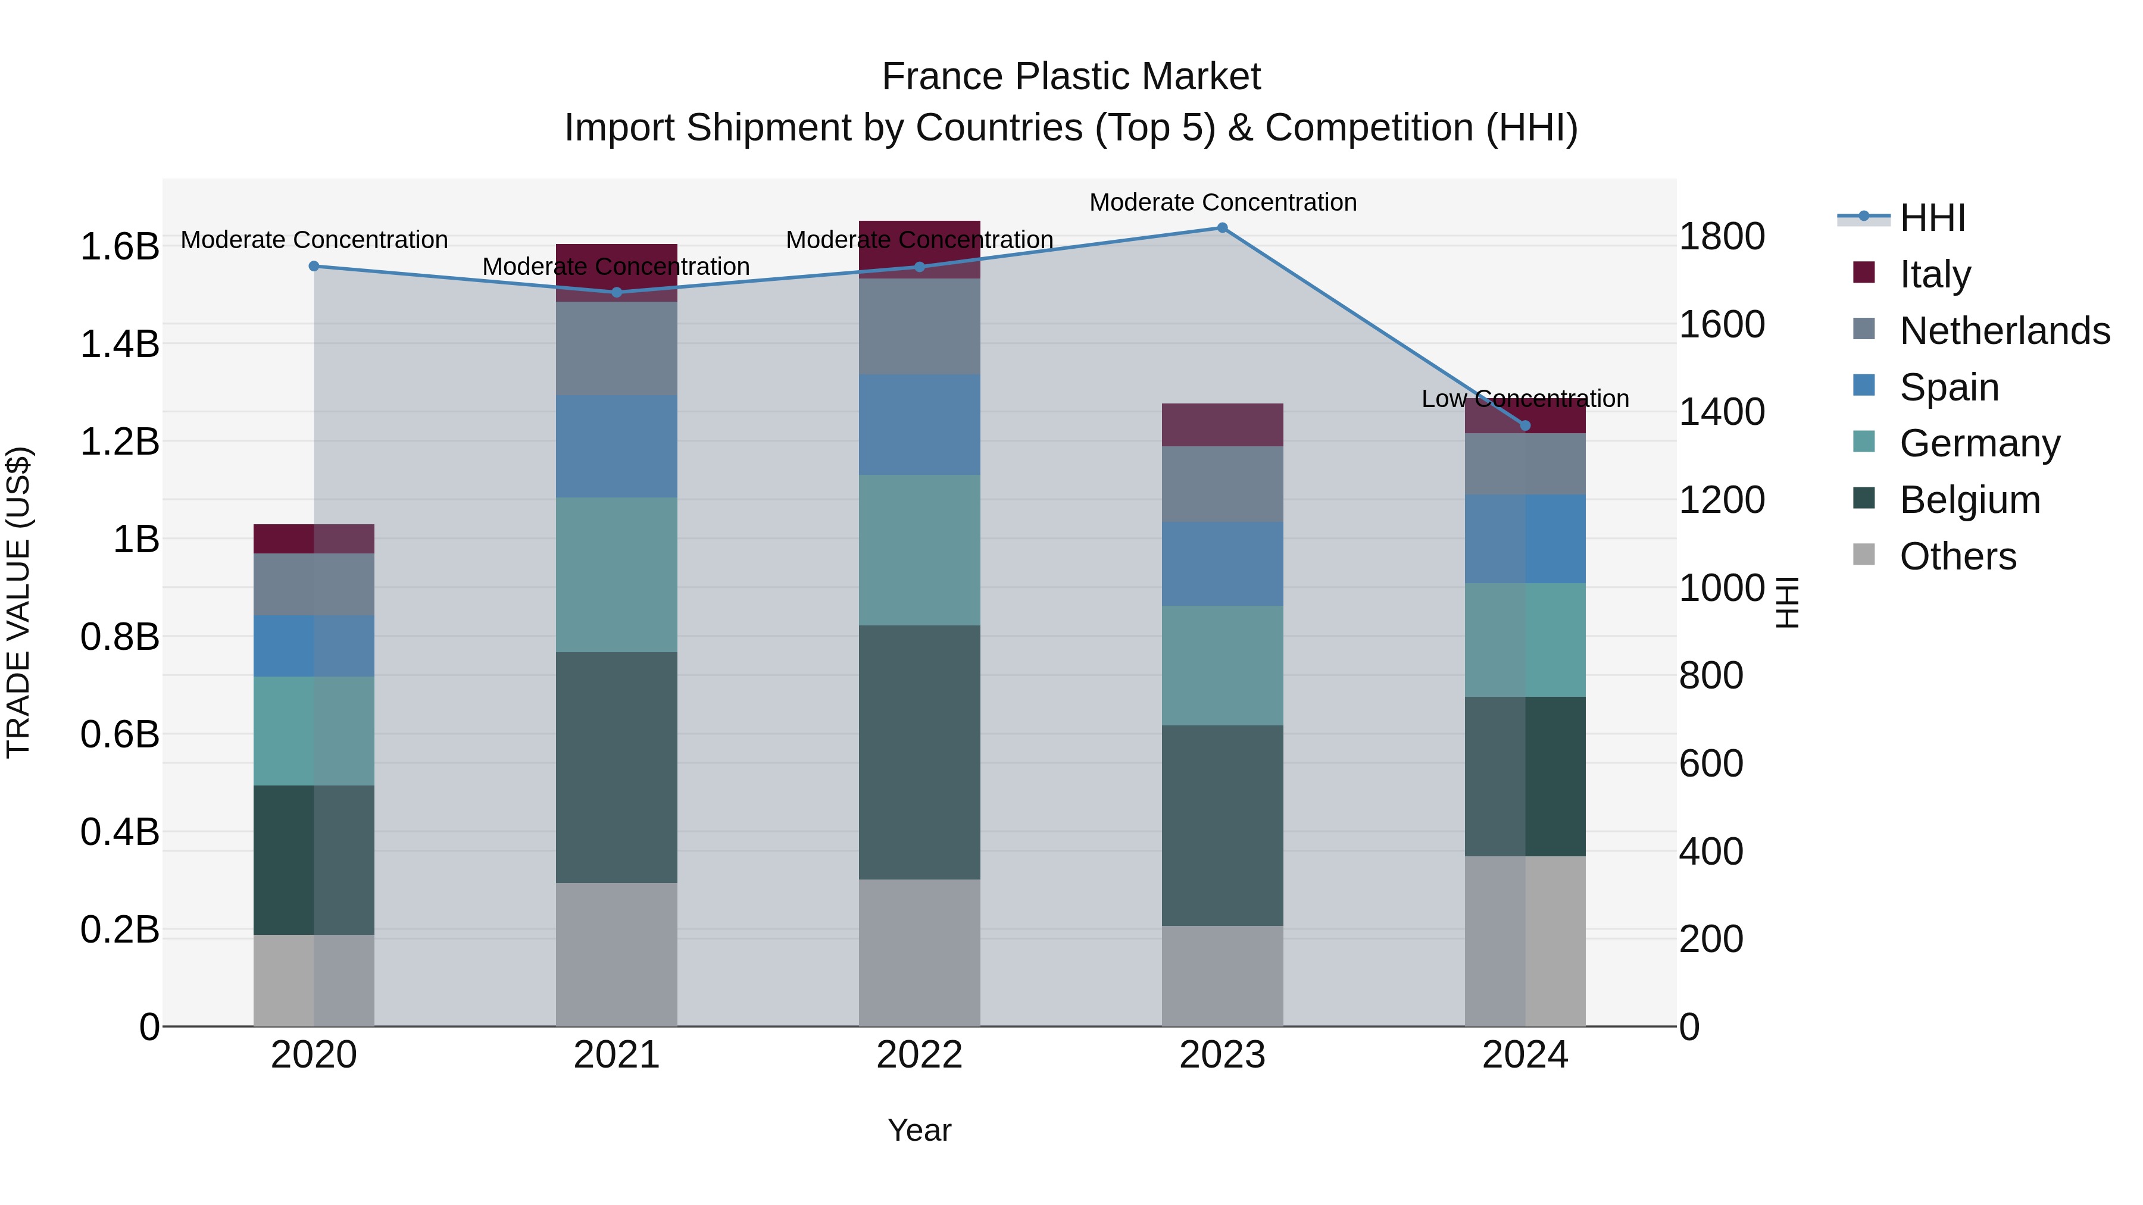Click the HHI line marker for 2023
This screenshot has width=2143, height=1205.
point(1222,227)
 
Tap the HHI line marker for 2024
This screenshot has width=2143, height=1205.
point(1525,426)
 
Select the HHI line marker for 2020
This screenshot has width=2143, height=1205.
point(314,266)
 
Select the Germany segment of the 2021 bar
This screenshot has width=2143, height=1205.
point(617,575)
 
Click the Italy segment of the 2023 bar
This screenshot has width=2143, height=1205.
point(1222,425)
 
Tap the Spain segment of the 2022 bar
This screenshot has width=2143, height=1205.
point(919,424)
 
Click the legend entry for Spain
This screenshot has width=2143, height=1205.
point(1948,387)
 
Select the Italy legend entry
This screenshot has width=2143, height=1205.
point(1935,274)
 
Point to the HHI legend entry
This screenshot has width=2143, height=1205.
point(1932,218)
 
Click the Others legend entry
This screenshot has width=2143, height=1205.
point(1957,556)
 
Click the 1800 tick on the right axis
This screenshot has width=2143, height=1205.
point(1721,236)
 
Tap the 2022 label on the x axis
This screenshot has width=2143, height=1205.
point(919,1055)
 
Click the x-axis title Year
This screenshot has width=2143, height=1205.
point(919,1130)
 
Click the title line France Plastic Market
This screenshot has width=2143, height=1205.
point(1071,77)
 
